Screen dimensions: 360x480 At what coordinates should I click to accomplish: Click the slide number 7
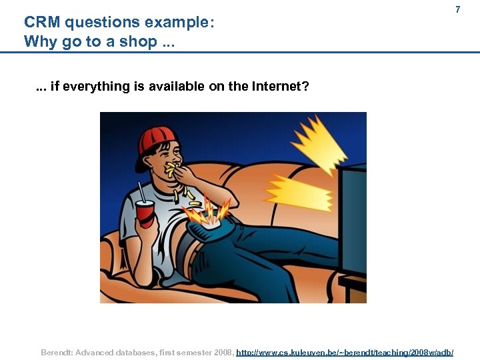click(457, 10)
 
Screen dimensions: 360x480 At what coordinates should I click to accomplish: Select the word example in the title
click(175, 22)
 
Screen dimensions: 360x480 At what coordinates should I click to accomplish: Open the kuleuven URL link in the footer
click(345, 351)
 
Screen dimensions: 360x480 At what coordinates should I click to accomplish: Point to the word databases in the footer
click(134, 351)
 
